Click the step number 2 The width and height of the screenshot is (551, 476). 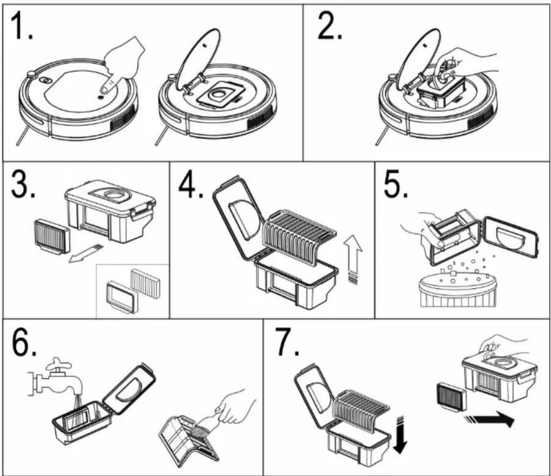(330, 26)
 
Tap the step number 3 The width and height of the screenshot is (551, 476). (23, 184)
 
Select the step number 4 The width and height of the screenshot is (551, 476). (191, 184)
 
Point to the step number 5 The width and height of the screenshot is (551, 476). (396, 184)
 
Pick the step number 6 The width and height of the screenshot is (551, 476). (24, 342)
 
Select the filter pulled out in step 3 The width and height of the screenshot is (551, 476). (52, 236)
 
